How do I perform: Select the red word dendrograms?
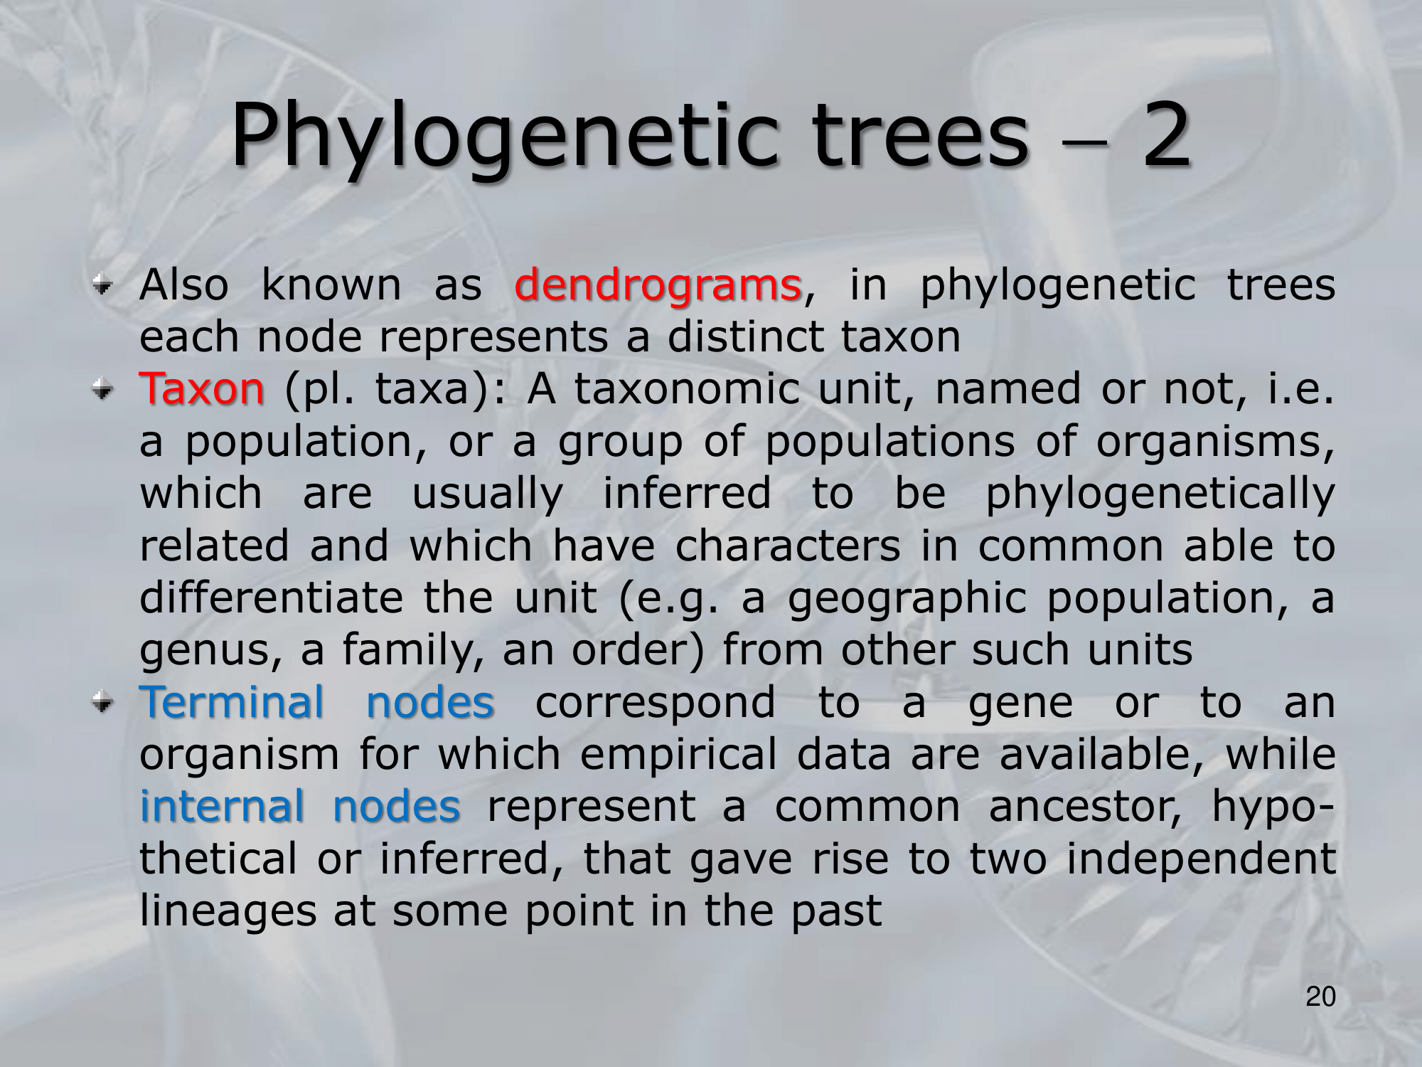pyautogui.click(x=658, y=285)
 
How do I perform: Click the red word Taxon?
pyautogui.click(x=202, y=389)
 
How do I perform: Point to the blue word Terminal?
pyautogui.click(x=232, y=702)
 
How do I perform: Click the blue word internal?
pyautogui.click(x=222, y=807)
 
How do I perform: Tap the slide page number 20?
pyautogui.click(x=1321, y=997)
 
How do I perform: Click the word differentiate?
pyautogui.click(x=272, y=598)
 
